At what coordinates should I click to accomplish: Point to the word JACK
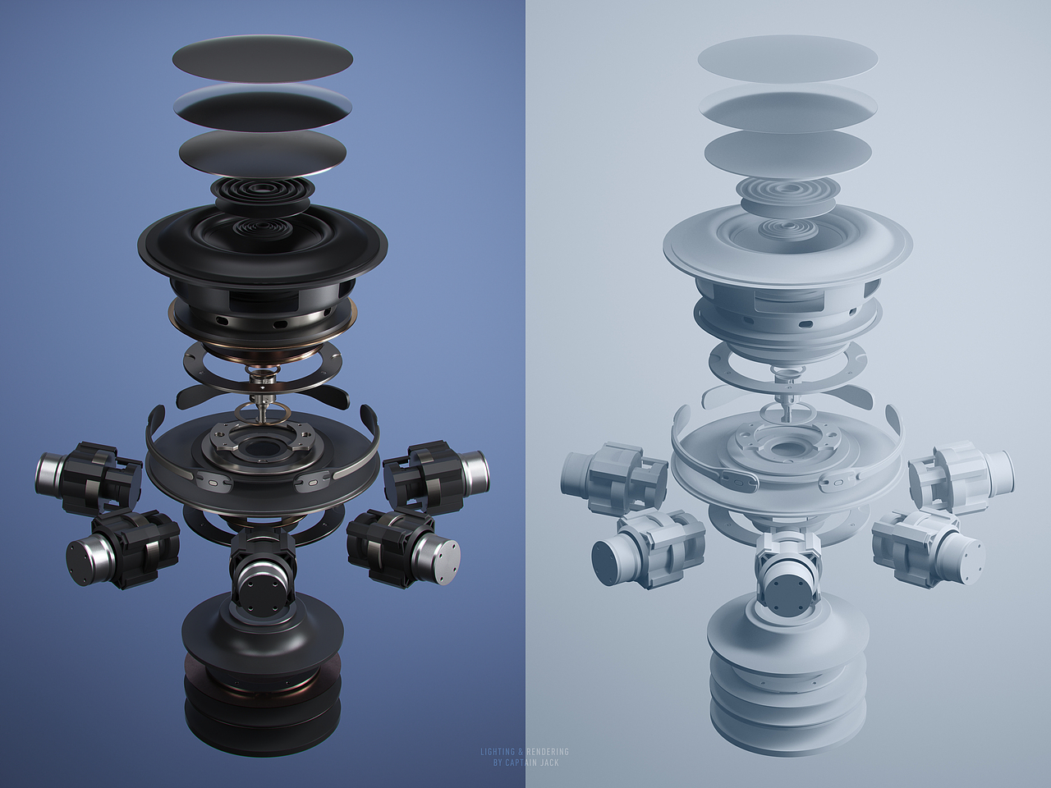[551, 763]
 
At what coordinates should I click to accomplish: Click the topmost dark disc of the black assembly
[263, 58]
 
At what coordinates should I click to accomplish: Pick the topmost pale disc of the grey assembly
[787, 58]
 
